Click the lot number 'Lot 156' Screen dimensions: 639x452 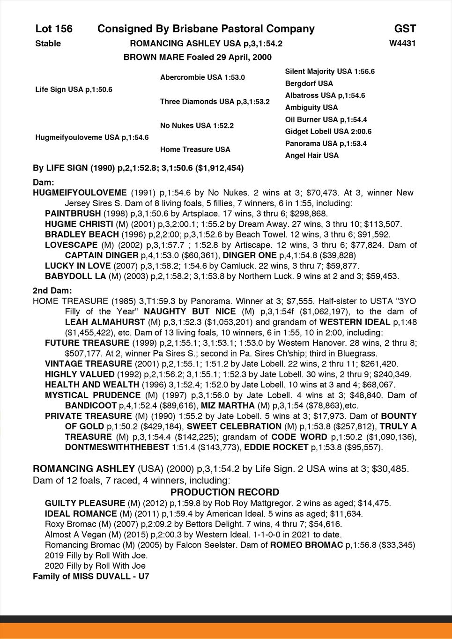(x=54, y=29)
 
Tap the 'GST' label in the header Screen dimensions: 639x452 (x=405, y=29)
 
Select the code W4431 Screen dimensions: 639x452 (x=402, y=44)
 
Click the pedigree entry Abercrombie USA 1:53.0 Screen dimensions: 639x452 (x=202, y=77)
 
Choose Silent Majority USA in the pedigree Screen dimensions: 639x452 (x=330, y=72)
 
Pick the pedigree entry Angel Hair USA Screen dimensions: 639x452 (x=311, y=156)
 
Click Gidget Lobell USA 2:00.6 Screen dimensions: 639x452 (x=328, y=132)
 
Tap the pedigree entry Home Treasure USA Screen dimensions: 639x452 (x=195, y=149)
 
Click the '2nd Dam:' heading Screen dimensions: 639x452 (x=52, y=291)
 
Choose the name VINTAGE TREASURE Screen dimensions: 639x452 (x=89, y=364)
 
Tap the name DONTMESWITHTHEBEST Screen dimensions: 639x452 (x=117, y=447)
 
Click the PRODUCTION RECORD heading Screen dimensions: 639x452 (x=225, y=492)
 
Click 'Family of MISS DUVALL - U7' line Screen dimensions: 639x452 (x=91, y=577)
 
